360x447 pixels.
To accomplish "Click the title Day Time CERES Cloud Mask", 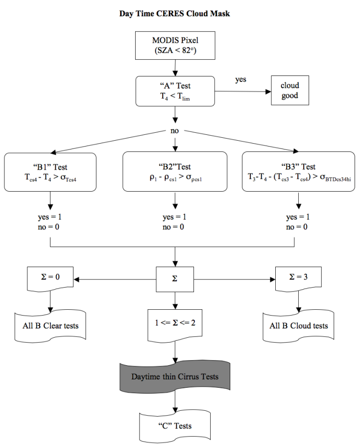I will pyautogui.click(x=175, y=14).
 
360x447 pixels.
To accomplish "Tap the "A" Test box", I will pyautogui.click(x=175, y=91).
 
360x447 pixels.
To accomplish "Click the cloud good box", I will pyautogui.click(x=289, y=91).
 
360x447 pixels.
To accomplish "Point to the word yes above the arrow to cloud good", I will pyautogui.click(x=240, y=79).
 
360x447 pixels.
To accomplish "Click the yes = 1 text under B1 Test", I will pyautogui.click(x=50, y=217).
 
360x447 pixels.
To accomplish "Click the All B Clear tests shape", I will pyautogui.click(x=50, y=325).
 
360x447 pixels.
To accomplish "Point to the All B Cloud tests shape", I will pyautogui.click(x=299, y=325).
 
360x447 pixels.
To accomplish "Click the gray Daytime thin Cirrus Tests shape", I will pyautogui.click(x=175, y=376).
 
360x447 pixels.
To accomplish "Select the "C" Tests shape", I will pyautogui.click(x=175, y=422).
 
